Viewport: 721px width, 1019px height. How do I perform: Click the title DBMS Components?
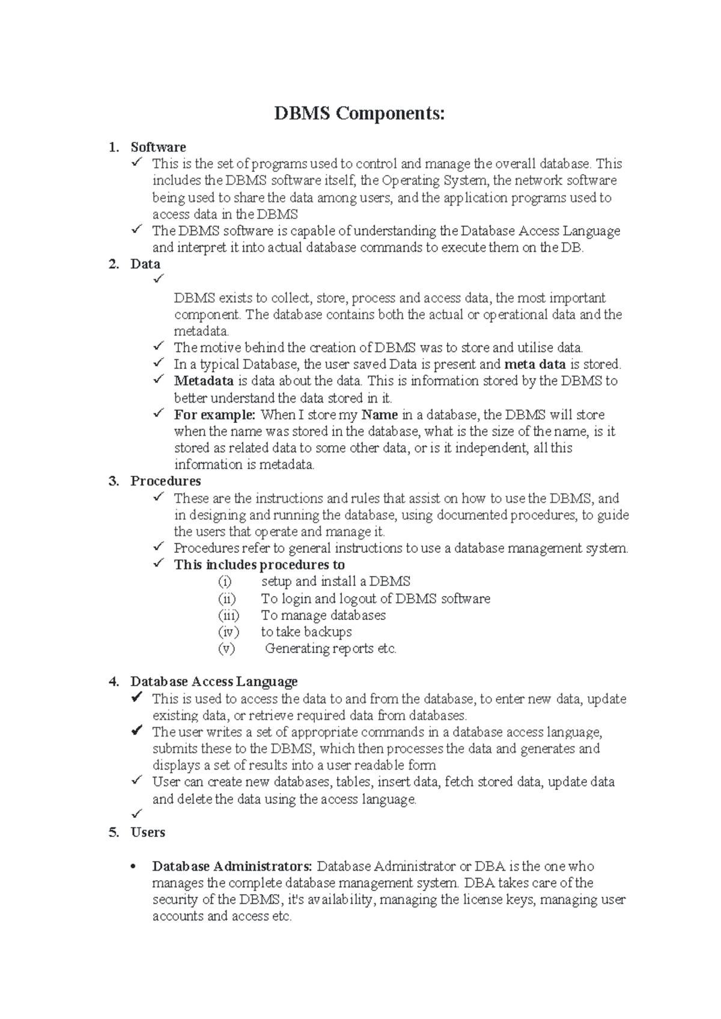[360, 113]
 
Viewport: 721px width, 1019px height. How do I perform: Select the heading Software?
[158, 147]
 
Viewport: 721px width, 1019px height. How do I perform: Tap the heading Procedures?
[166, 481]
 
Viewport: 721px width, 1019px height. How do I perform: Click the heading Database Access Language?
[214, 681]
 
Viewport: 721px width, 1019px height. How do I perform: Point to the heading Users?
[148, 832]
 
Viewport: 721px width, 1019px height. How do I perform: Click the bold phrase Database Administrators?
[232, 866]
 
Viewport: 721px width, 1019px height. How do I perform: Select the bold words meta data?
[535, 364]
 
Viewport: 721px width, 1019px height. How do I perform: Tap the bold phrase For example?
[214, 415]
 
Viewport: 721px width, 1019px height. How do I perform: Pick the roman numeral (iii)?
[228, 615]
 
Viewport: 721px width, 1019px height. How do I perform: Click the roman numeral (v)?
[226, 648]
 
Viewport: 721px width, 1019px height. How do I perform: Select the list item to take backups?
[306, 632]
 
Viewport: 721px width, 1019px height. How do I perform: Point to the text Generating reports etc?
[330, 648]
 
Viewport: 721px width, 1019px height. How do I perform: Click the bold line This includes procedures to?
[259, 565]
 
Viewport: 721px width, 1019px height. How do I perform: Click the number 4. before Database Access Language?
[114, 682]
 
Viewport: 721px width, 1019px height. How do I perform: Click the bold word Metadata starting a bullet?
[204, 381]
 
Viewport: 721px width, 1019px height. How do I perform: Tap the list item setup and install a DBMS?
[336, 582]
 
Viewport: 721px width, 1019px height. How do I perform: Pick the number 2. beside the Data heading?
[114, 264]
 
